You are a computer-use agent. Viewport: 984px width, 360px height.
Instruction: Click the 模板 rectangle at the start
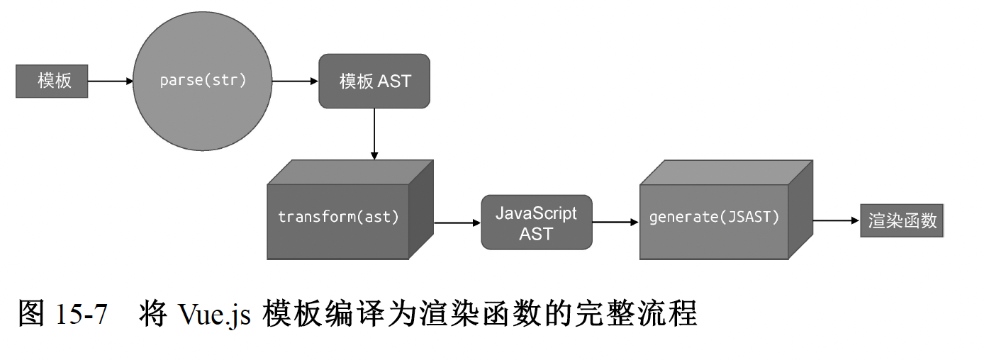[x=52, y=81]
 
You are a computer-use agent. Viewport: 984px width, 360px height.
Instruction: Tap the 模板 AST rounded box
[x=374, y=81]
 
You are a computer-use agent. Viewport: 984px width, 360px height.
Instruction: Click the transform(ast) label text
[x=338, y=217]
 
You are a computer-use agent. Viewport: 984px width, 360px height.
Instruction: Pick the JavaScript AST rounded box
[x=536, y=223]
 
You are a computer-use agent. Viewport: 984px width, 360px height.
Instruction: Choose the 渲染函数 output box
[x=902, y=221]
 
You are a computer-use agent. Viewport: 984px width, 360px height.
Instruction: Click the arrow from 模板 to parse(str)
[x=110, y=81]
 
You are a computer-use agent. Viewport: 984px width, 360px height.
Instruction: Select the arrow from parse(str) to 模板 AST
[x=295, y=81]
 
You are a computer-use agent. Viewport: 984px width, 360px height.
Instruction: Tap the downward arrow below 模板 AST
[x=374, y=134]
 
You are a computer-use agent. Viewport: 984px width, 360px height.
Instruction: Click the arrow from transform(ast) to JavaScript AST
[x=457, y=223]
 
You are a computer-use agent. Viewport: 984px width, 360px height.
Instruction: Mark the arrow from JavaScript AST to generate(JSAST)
[x=615, y=223]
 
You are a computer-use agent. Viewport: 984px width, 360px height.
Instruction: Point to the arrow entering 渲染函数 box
[x=836, y=220]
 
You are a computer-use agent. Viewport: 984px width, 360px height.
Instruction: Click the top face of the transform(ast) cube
[x=350, y=172]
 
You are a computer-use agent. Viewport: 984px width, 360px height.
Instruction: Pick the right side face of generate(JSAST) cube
[x=800, y=210]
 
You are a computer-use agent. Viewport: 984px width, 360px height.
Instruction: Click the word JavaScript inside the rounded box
[x=536, y=213]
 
